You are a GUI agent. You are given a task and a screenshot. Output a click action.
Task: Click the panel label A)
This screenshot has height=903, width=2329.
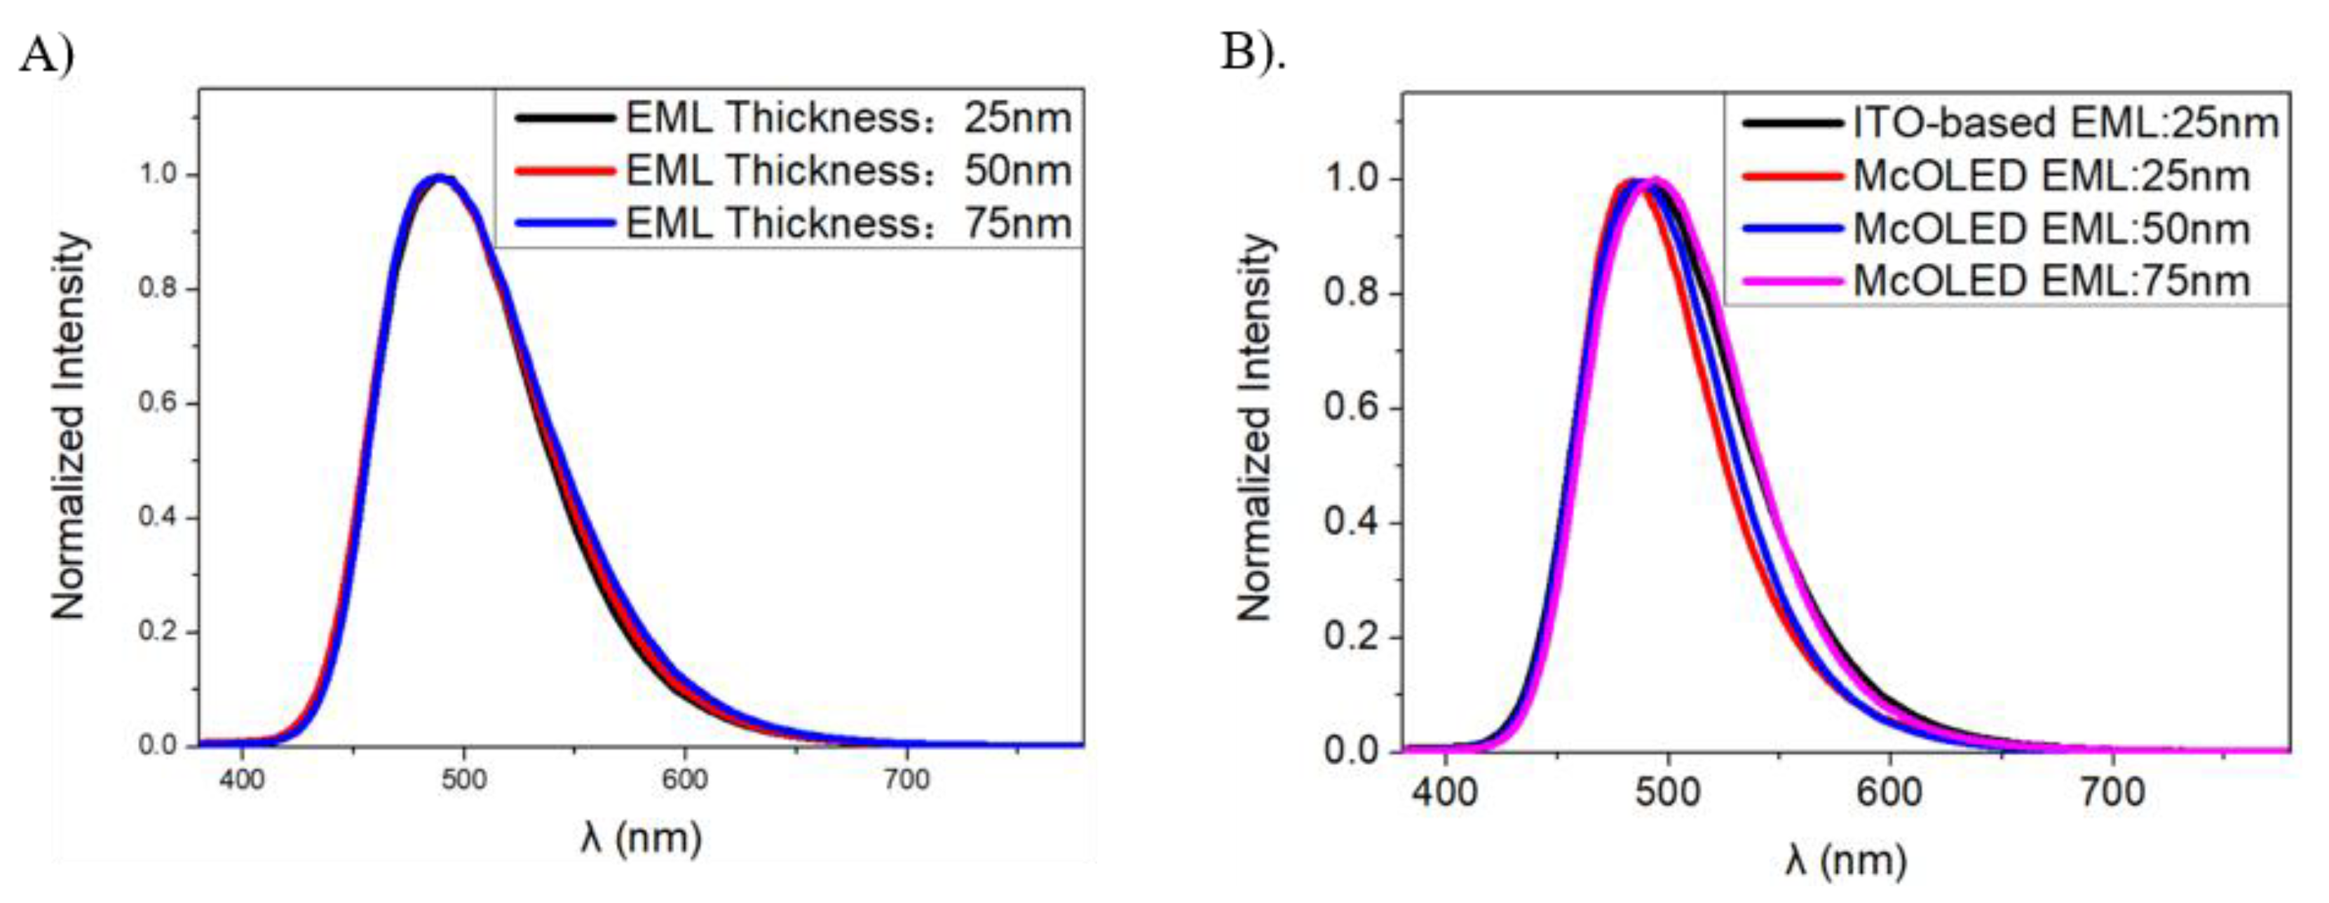tap(47, 56)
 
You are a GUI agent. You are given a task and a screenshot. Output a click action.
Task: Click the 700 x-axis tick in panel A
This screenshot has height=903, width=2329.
tap(906, 779)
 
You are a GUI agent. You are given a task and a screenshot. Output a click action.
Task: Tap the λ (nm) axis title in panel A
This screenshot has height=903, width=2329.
tap(641, 838)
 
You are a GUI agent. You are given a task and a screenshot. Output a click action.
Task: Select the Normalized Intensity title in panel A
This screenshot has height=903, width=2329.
tap(69, 425)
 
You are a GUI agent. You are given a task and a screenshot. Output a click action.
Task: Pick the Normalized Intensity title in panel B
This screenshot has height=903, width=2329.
tap(1255, 427)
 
